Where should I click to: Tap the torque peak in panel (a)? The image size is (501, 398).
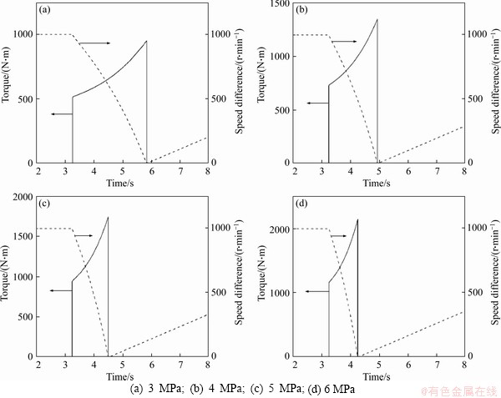pos(146,41)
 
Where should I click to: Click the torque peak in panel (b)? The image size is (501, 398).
pos(377,19)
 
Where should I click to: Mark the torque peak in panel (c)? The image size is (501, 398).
pos(108,217)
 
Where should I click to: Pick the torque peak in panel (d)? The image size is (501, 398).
pos(357,219)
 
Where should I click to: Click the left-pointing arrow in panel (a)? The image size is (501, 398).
pos(61,113)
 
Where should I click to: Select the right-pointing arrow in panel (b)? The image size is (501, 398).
pos(345,41)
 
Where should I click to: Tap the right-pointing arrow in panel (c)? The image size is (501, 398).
pos(84,235)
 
